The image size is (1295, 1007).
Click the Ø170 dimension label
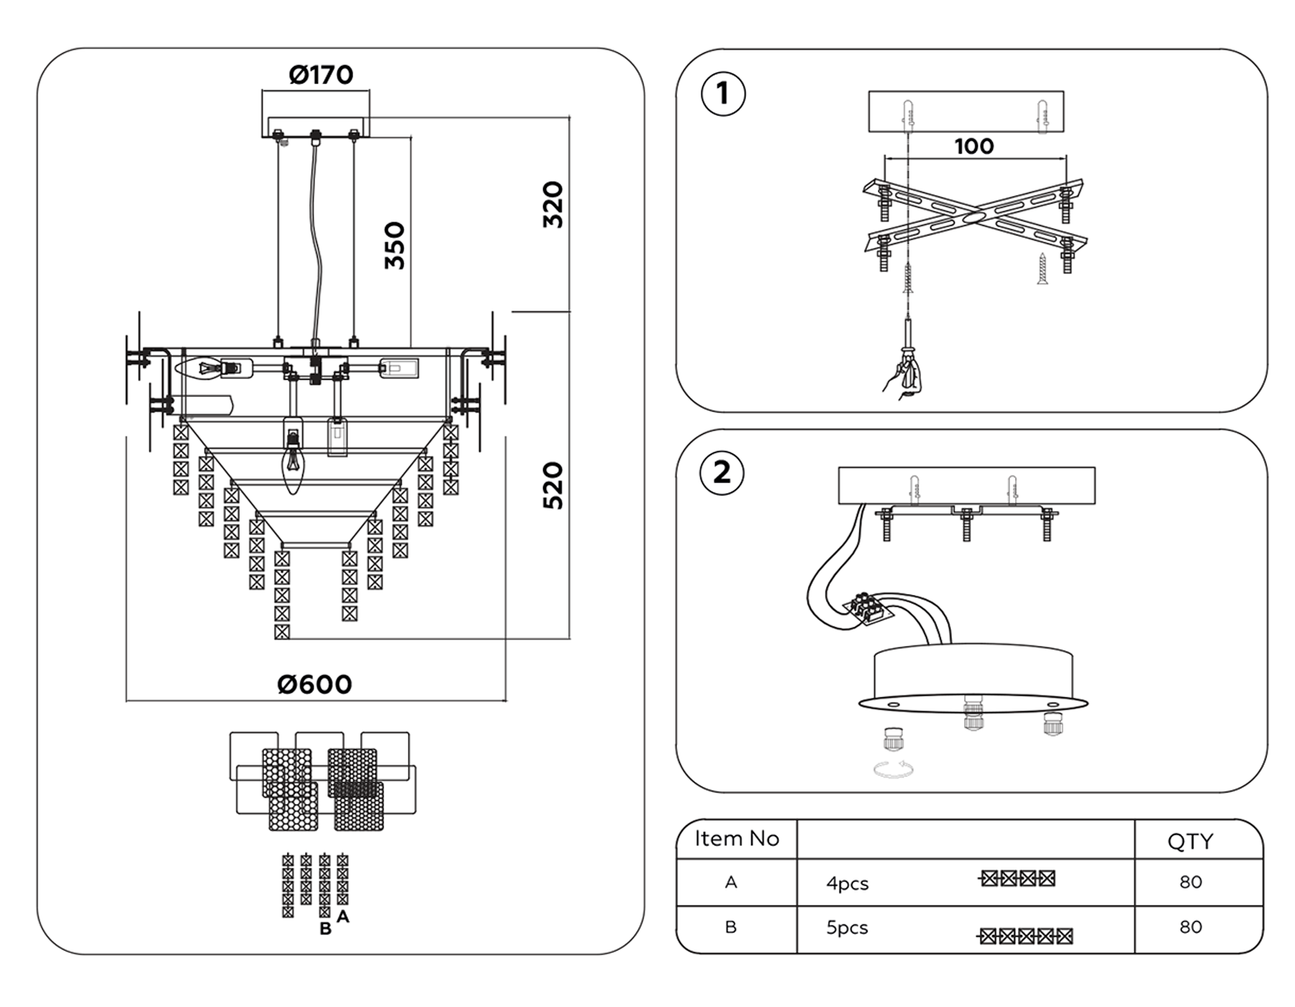[x=321, y=75]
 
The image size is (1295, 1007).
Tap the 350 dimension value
[x=394, y=245]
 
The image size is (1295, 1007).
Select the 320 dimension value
[x=553, y=205]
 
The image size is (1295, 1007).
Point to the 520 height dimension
[x=553, y=486]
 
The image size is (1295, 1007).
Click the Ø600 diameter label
[x=315, y=684]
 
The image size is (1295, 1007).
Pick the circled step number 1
[x=723, y=94]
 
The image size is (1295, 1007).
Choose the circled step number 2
[x=722, y=473]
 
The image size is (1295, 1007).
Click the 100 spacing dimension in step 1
[x=974, y=146]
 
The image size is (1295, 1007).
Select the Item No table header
[x=737, y=839]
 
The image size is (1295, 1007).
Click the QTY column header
[x=1191, y=841]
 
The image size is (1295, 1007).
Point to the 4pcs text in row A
[x=848, y=883]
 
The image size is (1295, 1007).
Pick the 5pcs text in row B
[x=848, y=928]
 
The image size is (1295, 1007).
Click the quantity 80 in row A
[x=1191, y=882]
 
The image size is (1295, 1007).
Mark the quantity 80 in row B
[x=1191, y=926]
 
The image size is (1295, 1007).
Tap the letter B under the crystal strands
[x=325, y=929]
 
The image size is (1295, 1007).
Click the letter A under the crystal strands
[x=343, y=916]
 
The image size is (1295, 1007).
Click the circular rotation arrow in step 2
[x=894, y=769]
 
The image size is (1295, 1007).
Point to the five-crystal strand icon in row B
[x=1025, y=936]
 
